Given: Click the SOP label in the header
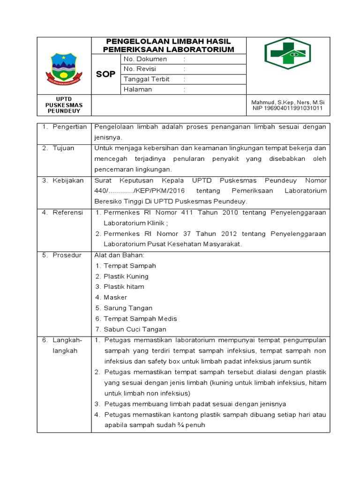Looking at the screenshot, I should click(105, 74).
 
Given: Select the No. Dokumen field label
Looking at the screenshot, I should click(145, 59).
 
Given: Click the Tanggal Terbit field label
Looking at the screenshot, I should click(147, 79).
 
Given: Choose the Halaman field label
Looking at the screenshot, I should click(138, 89).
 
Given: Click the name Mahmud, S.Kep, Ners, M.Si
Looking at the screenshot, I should click(288, 102).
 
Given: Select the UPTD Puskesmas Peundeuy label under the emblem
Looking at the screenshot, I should click(64, 105).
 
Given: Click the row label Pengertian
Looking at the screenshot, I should click(70, 127).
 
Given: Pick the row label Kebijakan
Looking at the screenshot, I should click(68, 180).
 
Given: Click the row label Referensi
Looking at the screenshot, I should click(67, 212).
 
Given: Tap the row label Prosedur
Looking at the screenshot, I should click(67, 255).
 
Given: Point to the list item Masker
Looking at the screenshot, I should click(115, 297).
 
